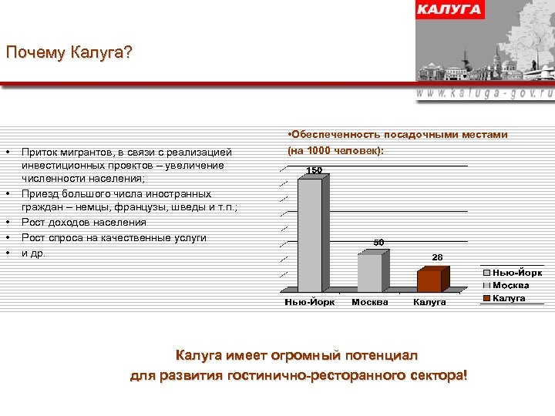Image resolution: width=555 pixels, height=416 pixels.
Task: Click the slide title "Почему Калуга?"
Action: tap(69, 53)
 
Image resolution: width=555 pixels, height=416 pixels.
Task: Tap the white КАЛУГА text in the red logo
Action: tap(449, 10)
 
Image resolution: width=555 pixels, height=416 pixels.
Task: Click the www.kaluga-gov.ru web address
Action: tap(485, 92)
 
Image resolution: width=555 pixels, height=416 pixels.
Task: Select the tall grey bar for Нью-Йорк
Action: tap(310, 234)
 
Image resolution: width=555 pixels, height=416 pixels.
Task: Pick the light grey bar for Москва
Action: tap(371, 272)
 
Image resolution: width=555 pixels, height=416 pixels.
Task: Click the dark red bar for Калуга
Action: tap(430, 280)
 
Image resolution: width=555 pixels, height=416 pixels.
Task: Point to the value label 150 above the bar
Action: tap(314, 169)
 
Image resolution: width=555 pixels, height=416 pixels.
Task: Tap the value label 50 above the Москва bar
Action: tap(378, 243)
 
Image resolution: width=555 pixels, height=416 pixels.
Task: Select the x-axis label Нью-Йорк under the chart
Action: tap(310, 302)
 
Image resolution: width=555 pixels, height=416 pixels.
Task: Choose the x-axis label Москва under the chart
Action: tap(370, 302)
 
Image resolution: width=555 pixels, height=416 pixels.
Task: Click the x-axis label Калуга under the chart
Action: tap(429, 302)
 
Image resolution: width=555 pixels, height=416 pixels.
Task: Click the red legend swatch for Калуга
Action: tap(487, 298)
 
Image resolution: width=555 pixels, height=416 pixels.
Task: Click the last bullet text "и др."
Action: tap(33, 253)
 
